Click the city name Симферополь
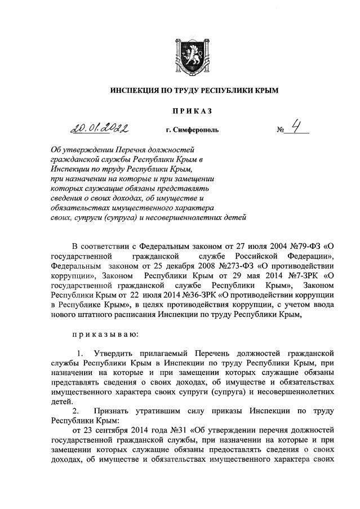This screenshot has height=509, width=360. [189, 132]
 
